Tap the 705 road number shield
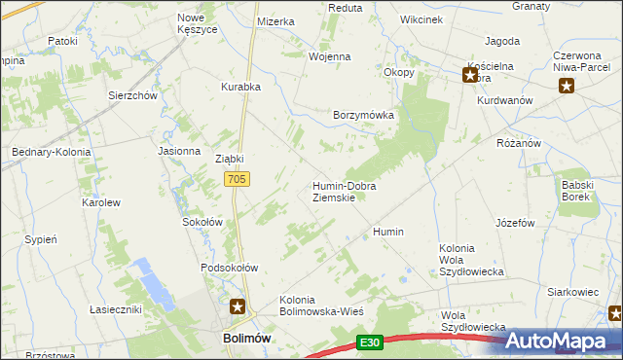[238, 179]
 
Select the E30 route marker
[368, 342]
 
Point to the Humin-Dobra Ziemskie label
[344, 191]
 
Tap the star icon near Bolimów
[238, 307]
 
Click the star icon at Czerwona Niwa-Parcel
[567, 87]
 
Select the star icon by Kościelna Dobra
[469, 74]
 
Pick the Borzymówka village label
[363, 115]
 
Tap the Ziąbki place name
[229, 159]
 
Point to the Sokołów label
[203, 222]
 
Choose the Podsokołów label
[229, 268]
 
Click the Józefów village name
[515, 223]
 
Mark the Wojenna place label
[329, 56]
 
